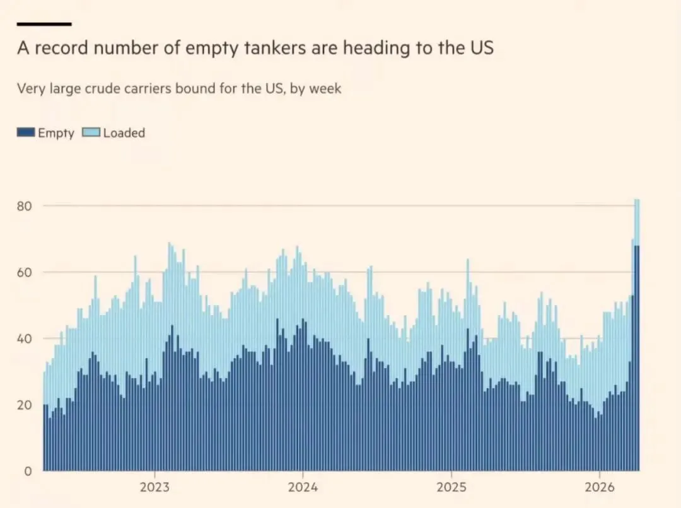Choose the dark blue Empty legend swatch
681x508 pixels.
pyautogui.click(x=26, y=133)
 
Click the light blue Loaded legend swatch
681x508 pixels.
pyautogui.click(x=92, y=133)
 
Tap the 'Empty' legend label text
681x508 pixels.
pyautogui.click(x=55, y=133)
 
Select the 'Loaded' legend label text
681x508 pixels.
pyautogui.click(x=124, y=133)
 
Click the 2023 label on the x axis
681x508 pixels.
pyautogui.click(x=154, y=487)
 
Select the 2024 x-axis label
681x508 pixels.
pyautogui.click(x=303, y=487)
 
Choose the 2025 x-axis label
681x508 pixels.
pyautogui.click(x=451, y=487)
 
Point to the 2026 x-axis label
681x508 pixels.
pyautogui.click(x=599, y=487)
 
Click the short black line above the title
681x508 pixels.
pyautogui.click(x=44, y=24)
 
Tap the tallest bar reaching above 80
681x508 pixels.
pyautogui.click(x=637, y=315)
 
